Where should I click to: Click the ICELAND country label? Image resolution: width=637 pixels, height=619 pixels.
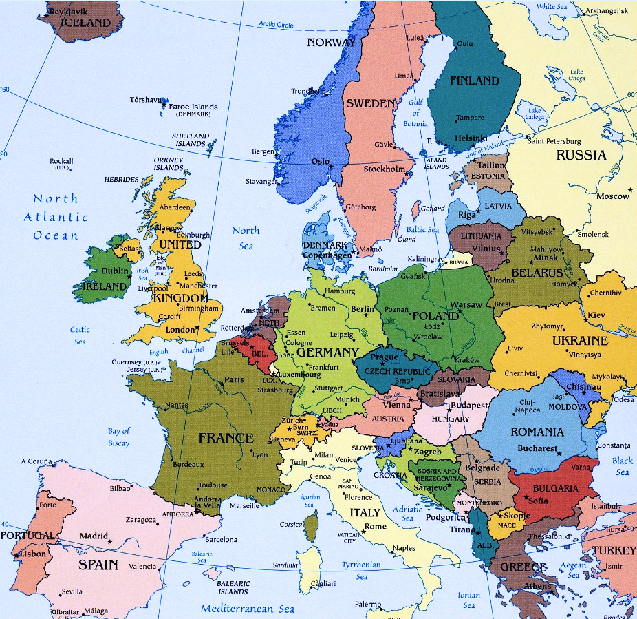tap(85, 22)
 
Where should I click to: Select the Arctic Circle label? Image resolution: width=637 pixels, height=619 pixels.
tap(276, 25)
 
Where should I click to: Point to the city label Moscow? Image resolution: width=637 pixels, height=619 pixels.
tap(613, 196)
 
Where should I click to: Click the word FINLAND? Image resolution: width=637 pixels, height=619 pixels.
tap(474, 81)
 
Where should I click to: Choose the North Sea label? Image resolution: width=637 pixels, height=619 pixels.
tap(246, 238)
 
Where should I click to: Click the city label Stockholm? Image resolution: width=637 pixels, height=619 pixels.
tap(384, 169)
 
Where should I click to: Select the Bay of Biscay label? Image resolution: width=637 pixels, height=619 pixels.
tap(118, 437)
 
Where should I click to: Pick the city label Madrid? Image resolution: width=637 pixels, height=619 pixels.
tap(94, 536)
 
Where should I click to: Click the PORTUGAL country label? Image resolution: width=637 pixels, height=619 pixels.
tap(28, 536)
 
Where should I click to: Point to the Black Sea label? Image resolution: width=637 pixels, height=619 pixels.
tap(622, 466)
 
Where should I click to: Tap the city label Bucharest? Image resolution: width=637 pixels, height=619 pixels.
tap(537, 448)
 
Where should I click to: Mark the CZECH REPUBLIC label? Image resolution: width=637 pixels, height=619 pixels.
tap(397, 371)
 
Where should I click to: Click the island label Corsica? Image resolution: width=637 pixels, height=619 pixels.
tap(291, 525)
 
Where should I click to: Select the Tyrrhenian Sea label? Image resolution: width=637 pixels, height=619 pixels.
tap(361, 571)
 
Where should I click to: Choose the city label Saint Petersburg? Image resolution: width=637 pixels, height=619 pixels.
tap(554, 141)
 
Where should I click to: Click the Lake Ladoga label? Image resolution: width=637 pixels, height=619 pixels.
tap(535, 114)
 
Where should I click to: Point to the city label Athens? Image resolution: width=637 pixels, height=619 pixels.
tap(536, 586)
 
